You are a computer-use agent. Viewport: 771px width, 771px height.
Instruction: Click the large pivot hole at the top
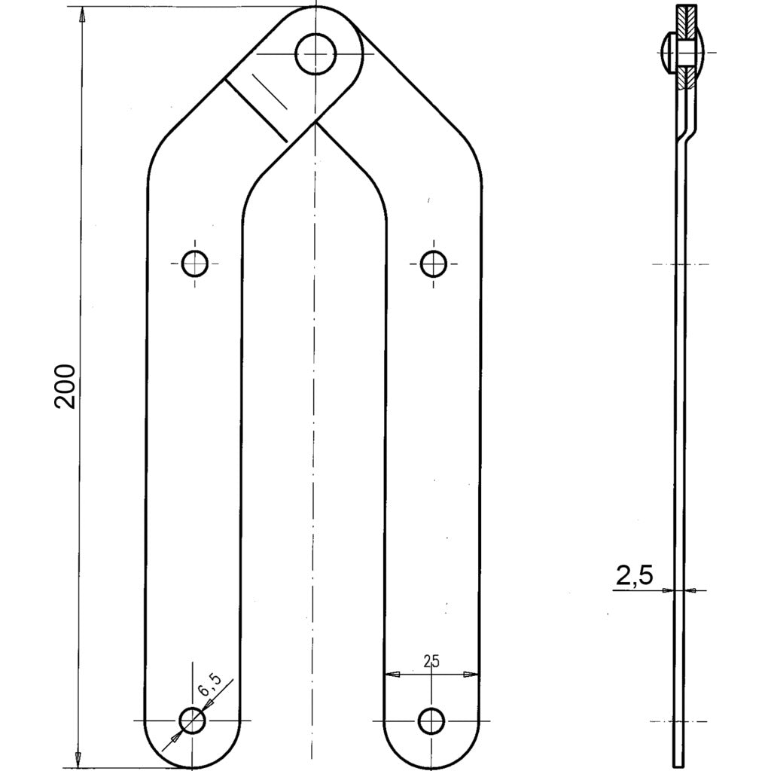click(315, 53)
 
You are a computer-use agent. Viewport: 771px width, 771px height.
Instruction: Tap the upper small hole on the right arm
click(433, 264)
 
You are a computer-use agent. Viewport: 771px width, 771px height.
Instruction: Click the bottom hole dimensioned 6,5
click(193, 721)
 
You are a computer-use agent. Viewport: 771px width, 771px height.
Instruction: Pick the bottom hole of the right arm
click(431, 721)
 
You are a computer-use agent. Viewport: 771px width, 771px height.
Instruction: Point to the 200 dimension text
click(66, 385)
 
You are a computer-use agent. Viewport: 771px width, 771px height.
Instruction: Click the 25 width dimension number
click(431, 662)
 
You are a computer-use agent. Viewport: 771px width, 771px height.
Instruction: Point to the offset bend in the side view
click(686, 132)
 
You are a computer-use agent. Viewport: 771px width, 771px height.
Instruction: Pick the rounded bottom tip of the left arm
click(193, 766)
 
